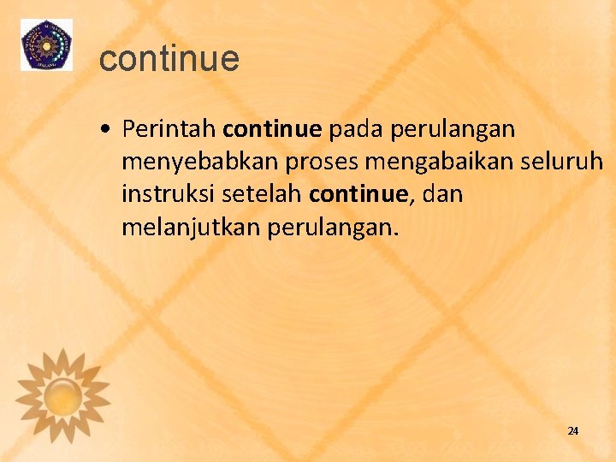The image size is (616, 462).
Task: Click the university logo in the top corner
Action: [46, 44]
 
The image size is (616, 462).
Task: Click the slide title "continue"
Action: [169, 59]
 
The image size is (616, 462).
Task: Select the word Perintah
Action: [169, 129]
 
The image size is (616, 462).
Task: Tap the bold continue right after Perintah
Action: [272, 129]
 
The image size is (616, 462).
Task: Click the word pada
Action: [356, 129]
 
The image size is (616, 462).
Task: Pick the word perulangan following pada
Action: [453, 131]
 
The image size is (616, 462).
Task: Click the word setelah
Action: [261, 194]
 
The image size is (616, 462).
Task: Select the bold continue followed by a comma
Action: [359, 194]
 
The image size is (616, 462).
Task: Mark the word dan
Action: [442, 194]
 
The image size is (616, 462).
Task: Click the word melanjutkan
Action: [192, 228]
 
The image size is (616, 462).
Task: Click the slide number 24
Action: [572, 430]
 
